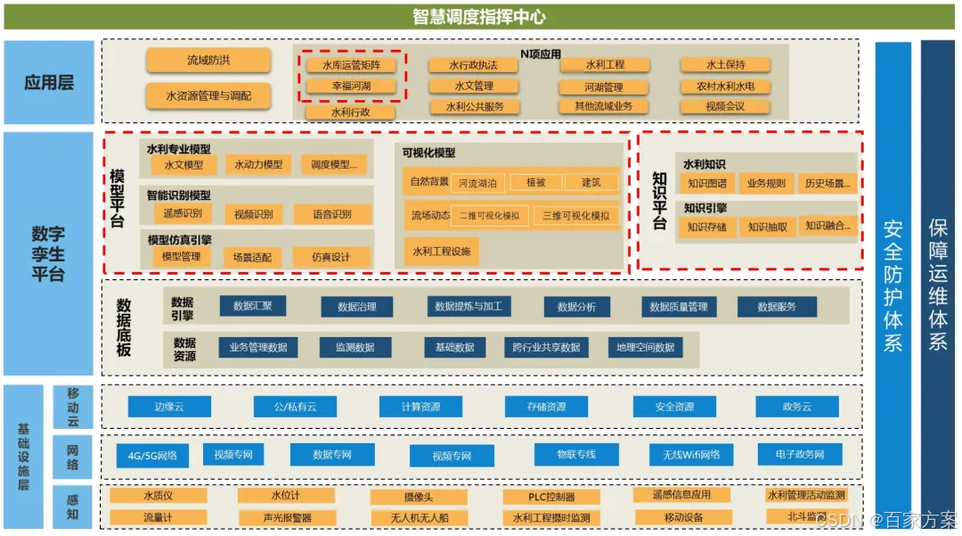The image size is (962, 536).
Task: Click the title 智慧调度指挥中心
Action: pos(479,17)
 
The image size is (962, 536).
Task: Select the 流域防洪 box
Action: pos(208,61)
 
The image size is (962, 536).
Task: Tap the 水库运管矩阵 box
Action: pos(351,65)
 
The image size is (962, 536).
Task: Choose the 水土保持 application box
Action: pos(725,65)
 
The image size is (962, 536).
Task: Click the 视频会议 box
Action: pos(725,106)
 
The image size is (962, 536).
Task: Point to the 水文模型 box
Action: pos(183,165)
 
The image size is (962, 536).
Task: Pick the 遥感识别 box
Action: pos(183,214)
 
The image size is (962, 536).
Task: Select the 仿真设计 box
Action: pos(330,257)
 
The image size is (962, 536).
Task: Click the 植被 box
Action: pos(535,183)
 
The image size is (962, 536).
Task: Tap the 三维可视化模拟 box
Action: pos(576,216)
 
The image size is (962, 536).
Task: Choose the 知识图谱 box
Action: pos(707,184)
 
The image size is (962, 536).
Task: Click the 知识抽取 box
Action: pos(767,227)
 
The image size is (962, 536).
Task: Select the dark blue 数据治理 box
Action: pos(356,307)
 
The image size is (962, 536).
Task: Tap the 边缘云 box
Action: pos(169,407)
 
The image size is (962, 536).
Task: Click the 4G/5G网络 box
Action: pos(152,456)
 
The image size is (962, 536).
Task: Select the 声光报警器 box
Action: pos(287,517)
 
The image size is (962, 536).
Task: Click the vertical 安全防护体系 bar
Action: pos(893,285)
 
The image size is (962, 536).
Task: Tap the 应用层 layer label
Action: pos(49,83)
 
